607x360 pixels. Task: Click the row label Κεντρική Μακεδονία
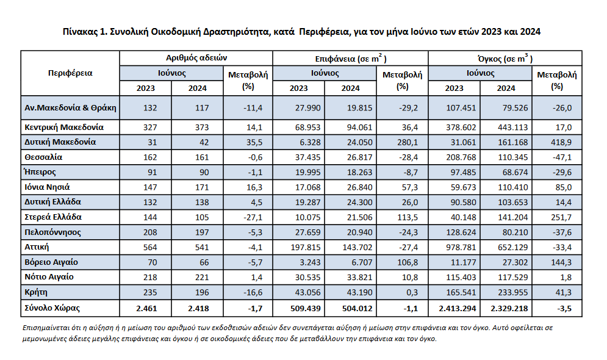tap(64, 127)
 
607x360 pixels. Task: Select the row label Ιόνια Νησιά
tap(47, 187)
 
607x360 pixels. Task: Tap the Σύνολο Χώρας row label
tap(52, 308)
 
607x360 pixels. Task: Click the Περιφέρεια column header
tap(70, 73)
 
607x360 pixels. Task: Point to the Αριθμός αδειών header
tap(196, 58)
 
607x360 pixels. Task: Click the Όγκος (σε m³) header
tap(505, 59)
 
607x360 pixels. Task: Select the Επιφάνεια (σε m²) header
tap(350, 59)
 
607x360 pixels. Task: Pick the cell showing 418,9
tap(561, 142)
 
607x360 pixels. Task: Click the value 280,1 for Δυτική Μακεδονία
tap(408, 142)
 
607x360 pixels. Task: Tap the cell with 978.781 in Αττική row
tap(461, 247)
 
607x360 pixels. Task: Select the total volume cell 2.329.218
tap(509, 309)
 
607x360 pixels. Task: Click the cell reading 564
tap(150, 247)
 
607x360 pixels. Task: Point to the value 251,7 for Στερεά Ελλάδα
tap(561, 218)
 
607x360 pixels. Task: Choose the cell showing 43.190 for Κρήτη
tap(360, 293)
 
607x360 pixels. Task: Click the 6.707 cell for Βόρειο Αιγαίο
tap(362, 262)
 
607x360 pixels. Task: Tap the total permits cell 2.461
tap(147, 309)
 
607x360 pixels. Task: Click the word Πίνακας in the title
tap(80, 32)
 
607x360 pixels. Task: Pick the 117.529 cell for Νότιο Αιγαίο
tap(512, 278)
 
